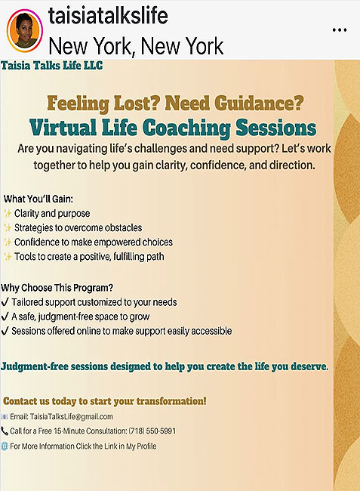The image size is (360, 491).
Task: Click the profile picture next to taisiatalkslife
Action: click(24, 31)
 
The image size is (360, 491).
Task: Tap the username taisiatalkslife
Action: click(108, 16)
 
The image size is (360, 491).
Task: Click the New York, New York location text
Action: click(136, 46)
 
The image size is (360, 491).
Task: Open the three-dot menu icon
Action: click(340, 30)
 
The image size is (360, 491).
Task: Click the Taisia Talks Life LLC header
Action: click(51, 66)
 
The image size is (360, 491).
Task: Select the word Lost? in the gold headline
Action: click(135, 103)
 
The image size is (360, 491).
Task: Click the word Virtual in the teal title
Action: click(63, 128)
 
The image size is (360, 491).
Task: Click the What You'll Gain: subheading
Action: click(38, 199)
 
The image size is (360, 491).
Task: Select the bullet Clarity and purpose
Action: click(52, 214)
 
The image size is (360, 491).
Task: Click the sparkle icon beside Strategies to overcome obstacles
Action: click(8, 227)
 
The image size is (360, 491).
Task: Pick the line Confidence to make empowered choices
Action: click(93, 242)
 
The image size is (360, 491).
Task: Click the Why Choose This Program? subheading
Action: click(57, 288)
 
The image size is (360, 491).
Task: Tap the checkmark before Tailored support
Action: click(5, 302)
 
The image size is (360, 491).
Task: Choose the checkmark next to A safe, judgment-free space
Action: click(5, 317)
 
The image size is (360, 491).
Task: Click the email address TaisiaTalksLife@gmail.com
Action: click(71, 416)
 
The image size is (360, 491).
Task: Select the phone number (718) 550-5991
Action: click(152, 431)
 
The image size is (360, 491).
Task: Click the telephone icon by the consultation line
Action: click(5, 431)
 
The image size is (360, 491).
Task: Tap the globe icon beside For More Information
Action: click(5, 446)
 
